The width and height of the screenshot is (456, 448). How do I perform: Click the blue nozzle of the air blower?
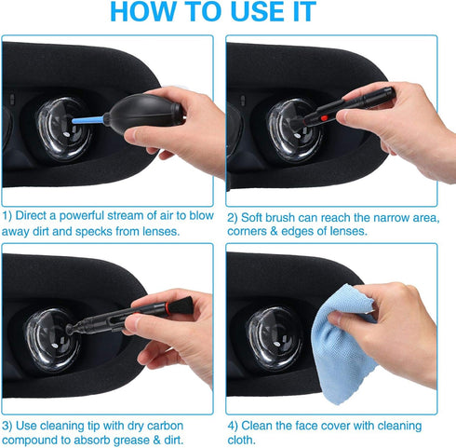pos(87,120)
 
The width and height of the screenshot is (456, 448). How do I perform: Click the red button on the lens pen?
pos(324,118)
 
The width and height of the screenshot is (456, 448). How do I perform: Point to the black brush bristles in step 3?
pos(181,305)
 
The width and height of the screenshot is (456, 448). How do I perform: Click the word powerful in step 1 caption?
pos(81,215)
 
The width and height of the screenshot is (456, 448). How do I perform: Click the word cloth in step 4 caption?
pos(240,440)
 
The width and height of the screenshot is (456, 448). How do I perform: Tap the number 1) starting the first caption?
pos(7,216)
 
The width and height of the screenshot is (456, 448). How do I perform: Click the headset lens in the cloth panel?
pos(275,338)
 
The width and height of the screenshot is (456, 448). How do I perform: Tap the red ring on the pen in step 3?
pos(167,307)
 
